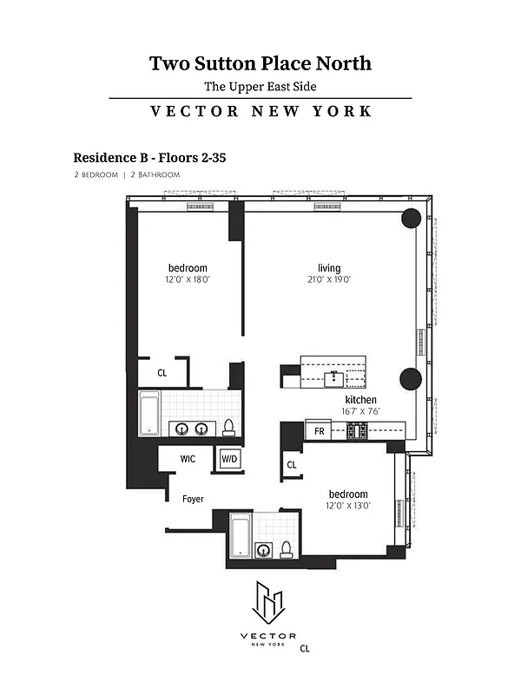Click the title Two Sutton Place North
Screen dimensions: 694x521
click(260, 63)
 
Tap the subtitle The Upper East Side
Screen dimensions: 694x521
click(260, 86)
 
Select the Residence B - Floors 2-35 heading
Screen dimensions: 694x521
click(149, 158)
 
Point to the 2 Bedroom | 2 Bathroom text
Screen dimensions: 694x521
click(127, 174)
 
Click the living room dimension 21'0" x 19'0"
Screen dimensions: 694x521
click(329, 280)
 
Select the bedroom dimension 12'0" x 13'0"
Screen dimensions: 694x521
click(347, 506)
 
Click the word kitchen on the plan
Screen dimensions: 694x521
click(361, 400)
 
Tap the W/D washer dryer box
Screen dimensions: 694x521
click(229, 458)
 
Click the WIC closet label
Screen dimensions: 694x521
click(187, 458)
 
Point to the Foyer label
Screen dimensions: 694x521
click(193, 500)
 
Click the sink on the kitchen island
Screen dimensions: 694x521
click(333, 376)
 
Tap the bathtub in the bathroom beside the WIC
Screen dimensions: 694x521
click(150, 413)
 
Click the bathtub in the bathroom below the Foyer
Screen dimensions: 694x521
click(241, 536)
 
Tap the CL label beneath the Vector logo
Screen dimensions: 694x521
click(305, 647)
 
